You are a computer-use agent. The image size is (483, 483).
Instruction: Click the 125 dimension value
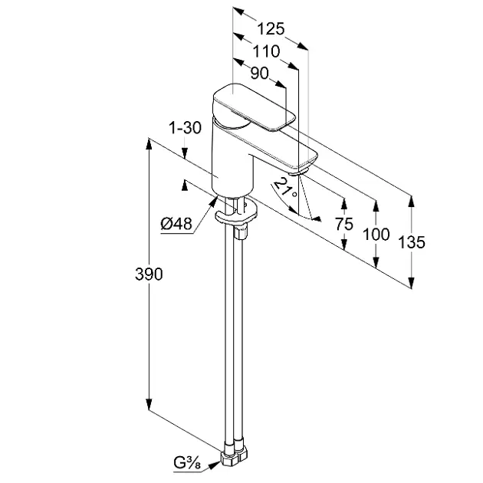click(x=270, y=29)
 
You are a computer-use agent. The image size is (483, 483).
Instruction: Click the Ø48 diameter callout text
click(x=176, y=223)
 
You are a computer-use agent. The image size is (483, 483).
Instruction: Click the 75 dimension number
click(x=343, y=224)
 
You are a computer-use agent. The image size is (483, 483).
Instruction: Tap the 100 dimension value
click(x=376, y=234)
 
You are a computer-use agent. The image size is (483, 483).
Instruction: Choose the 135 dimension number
click(x=412, y=242)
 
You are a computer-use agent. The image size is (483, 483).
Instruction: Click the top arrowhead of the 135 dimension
click(x=412, y=201)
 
